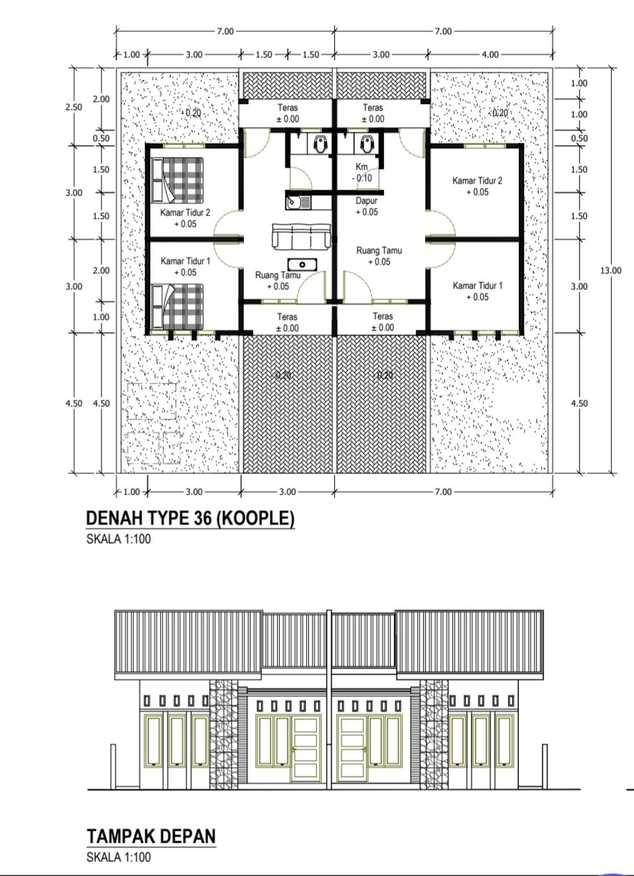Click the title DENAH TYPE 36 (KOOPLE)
(190, 518)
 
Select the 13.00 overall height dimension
(611, 270)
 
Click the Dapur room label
(367, 201)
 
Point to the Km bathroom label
(362, 167)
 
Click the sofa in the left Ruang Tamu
(302, 237)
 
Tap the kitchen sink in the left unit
(298, 203)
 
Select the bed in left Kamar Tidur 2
(178, 180)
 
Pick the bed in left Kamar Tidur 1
(178, 306)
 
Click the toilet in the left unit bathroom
(321, 144)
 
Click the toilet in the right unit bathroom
(367, 144)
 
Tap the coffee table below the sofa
(302, 265)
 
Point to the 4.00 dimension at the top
(490, 55)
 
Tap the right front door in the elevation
(352, 748)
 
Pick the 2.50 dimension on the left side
(74, 107)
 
